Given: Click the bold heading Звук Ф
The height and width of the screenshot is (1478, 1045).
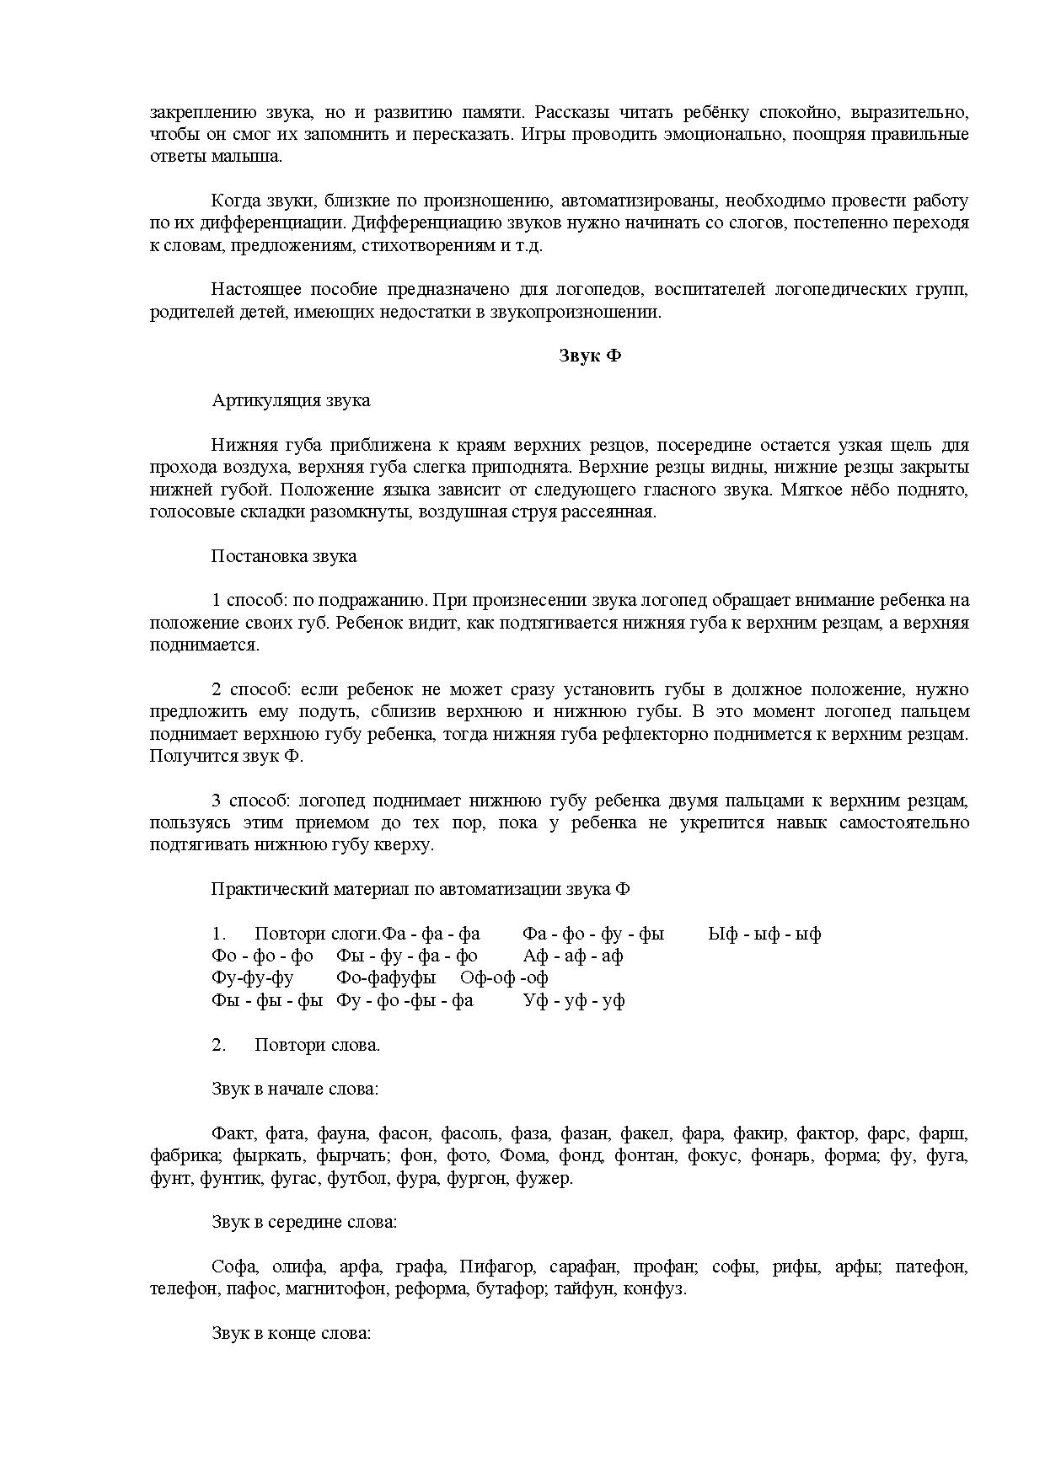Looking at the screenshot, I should (x=590, y=356).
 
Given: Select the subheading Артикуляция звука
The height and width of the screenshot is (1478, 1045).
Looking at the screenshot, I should (x=291, y=400).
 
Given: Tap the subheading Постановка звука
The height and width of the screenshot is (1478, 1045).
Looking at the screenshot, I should (x=284, y=556).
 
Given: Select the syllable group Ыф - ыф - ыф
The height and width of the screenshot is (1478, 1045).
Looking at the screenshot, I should (x=765, y=934).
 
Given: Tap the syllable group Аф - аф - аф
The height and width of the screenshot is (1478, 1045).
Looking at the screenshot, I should (x=573, y=956).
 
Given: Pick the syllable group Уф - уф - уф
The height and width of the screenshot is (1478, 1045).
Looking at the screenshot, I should (x=574, y=1000).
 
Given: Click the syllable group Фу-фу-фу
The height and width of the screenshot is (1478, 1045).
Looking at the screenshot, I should (x=253, y=978).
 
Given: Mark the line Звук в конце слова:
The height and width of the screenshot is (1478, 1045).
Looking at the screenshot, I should (x=292, y=1334).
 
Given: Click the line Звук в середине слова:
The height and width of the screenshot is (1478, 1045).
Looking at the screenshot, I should (x=304, y=1222).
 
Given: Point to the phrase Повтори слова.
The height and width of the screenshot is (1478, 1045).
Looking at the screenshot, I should (x=317, y=1045).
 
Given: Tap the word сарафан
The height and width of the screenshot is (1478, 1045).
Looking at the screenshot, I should (x=580, y=1267).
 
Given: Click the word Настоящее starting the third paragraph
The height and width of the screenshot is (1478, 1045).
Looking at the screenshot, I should (x=253, y=290).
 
